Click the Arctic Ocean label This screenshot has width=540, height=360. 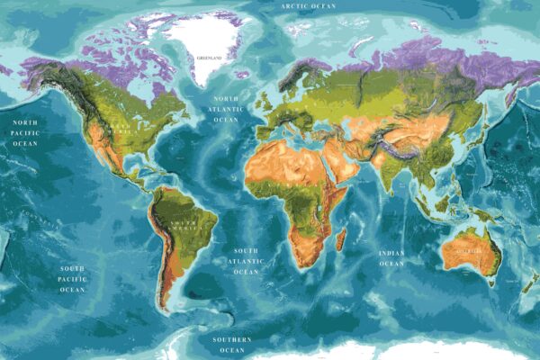[x=309, y=6]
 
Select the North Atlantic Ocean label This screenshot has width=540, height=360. [x=226, y=108]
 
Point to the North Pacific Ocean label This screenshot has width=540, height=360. [x=24, y=131]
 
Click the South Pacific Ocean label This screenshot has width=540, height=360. [x=73, y=279]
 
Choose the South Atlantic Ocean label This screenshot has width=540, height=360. [x=246, y=261]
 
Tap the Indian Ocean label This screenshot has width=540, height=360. [x=391, y=259]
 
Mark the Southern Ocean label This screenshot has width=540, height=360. [x=232, y=345]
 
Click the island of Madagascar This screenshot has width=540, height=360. [x=341, y=238]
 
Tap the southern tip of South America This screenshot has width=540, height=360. [x=167, y=309]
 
